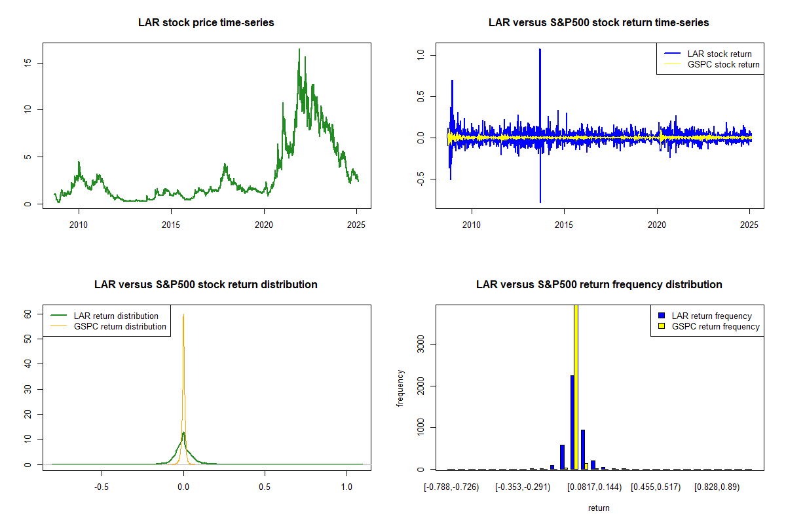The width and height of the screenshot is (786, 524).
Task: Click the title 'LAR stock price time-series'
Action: [206, 23]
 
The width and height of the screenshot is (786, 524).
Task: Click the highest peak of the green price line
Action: [299, 49]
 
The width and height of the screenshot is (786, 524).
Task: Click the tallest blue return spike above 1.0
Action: [540, 50]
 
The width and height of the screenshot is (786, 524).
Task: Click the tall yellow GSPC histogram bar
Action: [576, 386]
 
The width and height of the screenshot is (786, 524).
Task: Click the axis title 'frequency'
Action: [400, 388]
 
